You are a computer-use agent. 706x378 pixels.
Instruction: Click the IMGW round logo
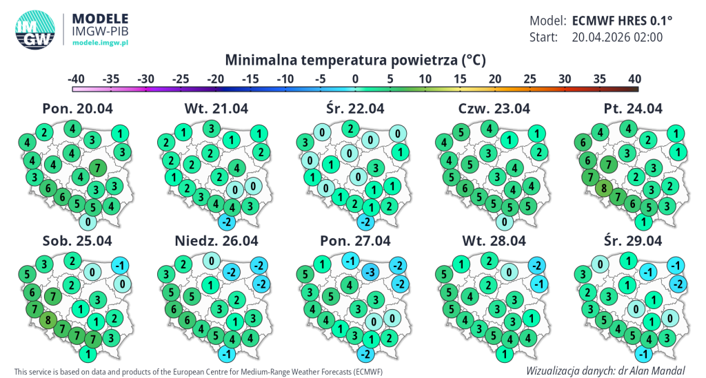pos(37,30)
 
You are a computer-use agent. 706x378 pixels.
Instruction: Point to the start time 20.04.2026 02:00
pos(617,37)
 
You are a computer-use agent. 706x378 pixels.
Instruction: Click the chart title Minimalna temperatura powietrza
pos(355,60)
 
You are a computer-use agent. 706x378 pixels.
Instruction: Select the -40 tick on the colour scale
pos(76,78)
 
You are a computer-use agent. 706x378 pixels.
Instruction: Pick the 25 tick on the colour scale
pos(529,78)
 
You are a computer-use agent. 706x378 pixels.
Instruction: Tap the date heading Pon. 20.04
pos(77,108)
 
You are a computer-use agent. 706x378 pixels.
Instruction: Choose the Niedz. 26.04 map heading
pos(216,241)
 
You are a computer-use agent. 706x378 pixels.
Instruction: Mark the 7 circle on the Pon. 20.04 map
pos(99,167)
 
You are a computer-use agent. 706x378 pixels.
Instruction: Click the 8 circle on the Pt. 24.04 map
pos(604,188)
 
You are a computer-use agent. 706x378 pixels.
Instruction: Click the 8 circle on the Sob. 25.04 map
pos(48,319)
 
